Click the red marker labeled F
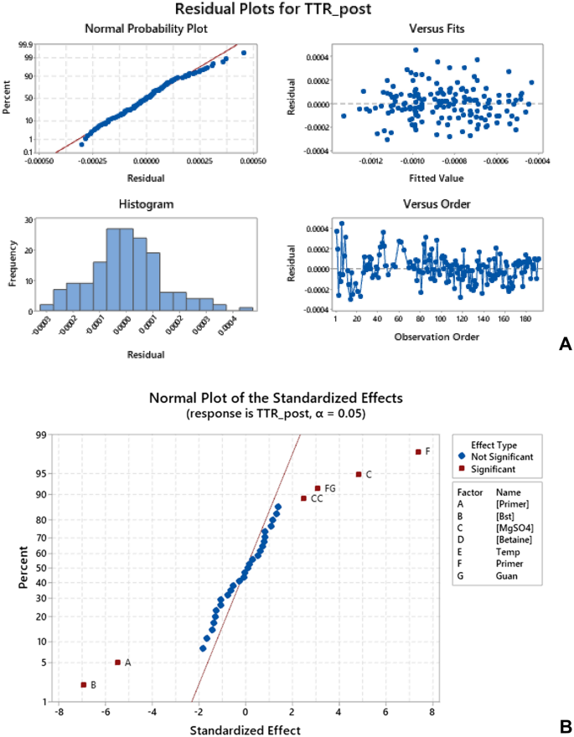[x=417, y=452]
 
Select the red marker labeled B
[x=83, y=685]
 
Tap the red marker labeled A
[x=117, y=662]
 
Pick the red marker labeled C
[x=359, y=474]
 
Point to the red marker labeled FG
[x=318, y=488]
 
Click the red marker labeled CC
[x=303, y=498]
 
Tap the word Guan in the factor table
[x=505, y=576]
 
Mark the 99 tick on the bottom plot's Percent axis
[x=39, y=435]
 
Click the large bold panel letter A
[x=565, y=343]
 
